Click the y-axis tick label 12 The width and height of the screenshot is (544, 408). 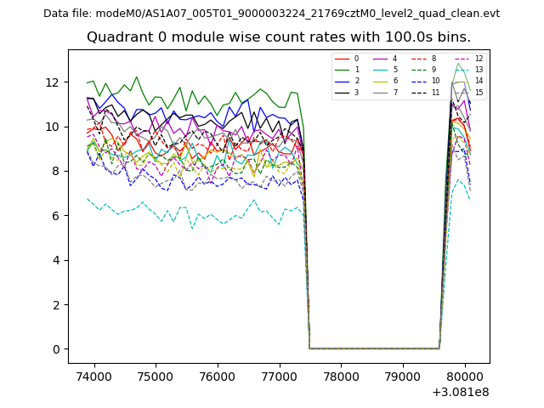pos(54,82)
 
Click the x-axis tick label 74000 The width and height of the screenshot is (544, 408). pos(93,376)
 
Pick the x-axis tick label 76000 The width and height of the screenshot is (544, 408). pos(218,376)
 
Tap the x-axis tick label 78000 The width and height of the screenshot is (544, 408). pos(341,376)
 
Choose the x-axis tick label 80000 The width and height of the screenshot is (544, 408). pos(465,376)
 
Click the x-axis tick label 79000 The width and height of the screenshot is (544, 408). pos(403,376)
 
